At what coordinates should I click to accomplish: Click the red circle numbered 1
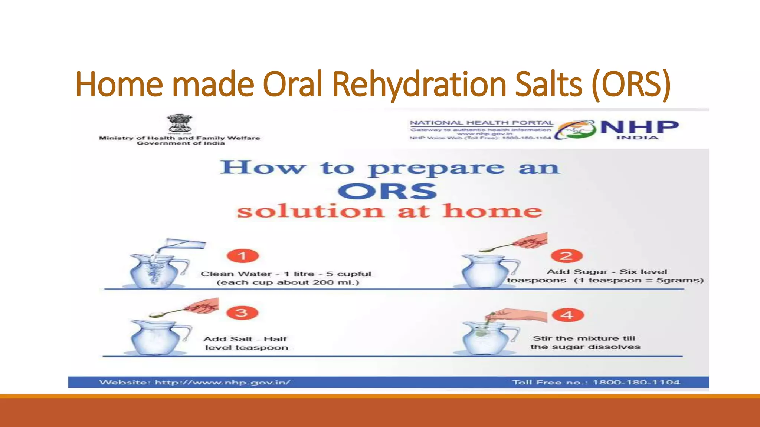click(243, 256)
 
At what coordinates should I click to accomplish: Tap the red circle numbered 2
click(567, 256)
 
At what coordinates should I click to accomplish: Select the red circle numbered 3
click(242, 312)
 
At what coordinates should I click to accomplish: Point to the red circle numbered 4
click(567, 315)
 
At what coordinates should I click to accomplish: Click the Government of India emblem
click(180, 124)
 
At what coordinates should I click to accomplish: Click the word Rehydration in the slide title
click(419, 84)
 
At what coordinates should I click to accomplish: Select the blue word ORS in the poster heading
click(387, 191)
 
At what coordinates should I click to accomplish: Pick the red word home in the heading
click(492, 211)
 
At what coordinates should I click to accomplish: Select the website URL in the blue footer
click(222, 382)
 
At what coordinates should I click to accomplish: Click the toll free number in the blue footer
click(636, 382)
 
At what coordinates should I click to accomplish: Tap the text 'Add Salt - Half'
click(245, 339)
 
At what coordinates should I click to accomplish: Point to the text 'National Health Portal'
click(481, 123)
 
